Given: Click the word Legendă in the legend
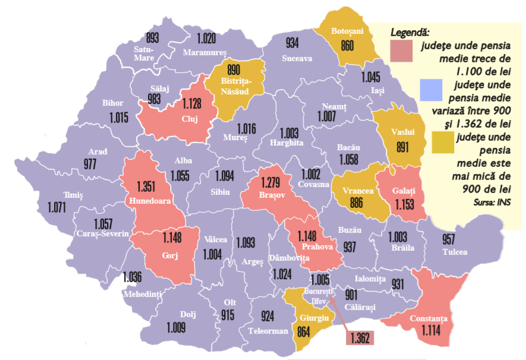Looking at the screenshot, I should (x=410, y=31).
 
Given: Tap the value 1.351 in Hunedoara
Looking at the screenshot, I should (x=146, y=185).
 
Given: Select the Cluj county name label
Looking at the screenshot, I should (x=190, y=118).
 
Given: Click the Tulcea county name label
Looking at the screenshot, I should (x=455, y=252).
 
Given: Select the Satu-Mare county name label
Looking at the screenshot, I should (x=144, y=53).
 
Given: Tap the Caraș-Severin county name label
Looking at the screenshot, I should (x=103, y=234).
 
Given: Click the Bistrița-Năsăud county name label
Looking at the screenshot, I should (x=236, y=86).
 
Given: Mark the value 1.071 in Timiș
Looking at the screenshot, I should (x=59, y=207).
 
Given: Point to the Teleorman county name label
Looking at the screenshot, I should (x=267, y=331).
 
